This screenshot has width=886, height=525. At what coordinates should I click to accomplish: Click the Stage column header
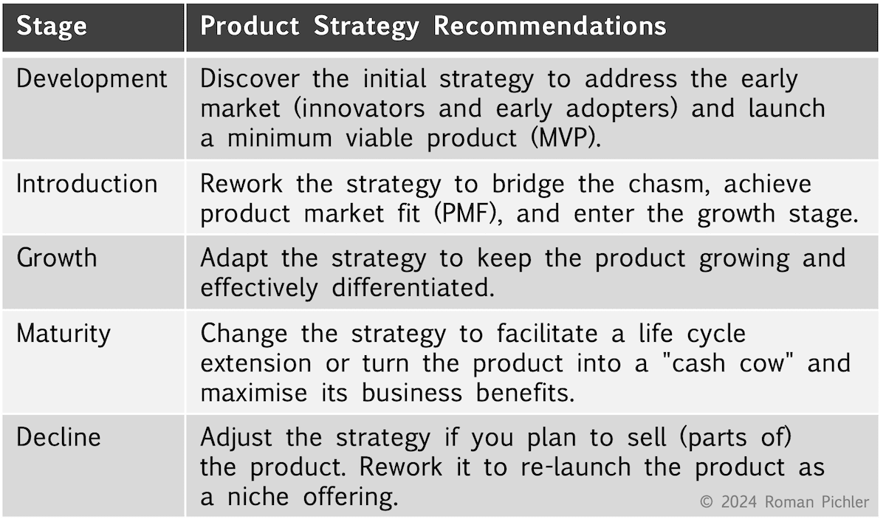pos(52,27)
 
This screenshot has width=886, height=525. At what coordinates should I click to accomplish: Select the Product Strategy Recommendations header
pos(433,27)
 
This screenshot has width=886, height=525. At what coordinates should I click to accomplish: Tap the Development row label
pos(92,79)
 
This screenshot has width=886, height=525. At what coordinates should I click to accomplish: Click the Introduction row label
pos(87,184)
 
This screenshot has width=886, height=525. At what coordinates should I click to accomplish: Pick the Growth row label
pos(57,258)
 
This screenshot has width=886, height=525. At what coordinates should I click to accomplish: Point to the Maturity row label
pos(63,333)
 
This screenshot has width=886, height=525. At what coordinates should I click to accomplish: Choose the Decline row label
pos(58,437)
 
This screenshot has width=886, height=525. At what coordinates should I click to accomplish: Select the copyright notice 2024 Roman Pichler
pos(784,502)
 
